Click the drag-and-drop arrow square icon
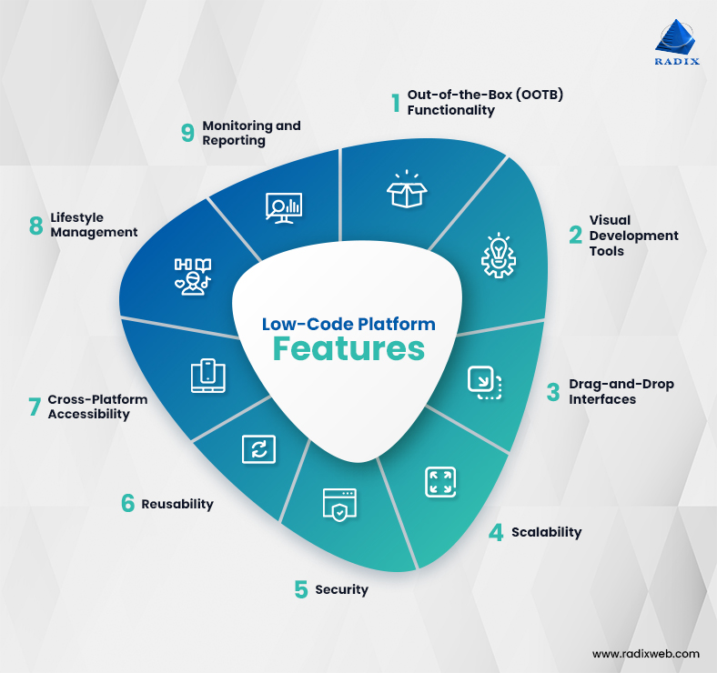[x=485, y=382]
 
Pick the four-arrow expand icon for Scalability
[x=439, y=482]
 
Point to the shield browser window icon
[x=338, y=506]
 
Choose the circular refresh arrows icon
[x=258, y=448]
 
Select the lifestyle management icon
[x=193, y=273]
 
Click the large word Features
[x=349, y=349]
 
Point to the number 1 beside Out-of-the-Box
[x=396, y=103]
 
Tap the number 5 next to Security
[x=301, y=589]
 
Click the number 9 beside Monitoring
[x=188, y=133]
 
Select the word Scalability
[x=546, y=532]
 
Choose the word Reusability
[x=177, y=504]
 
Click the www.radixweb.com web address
[x=646, y=653]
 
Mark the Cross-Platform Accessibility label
[x=97, y=407]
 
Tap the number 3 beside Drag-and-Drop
[x=552, y=392]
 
